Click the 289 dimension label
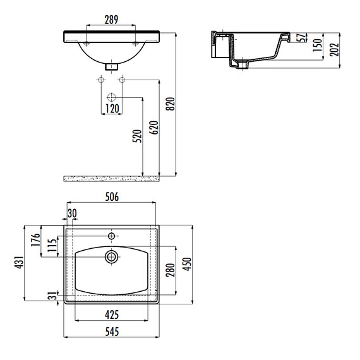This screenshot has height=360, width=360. point(111,20)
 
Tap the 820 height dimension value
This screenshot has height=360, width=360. point(171,104)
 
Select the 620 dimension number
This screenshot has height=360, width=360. point(154,128)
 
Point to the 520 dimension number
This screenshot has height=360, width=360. point(137,136)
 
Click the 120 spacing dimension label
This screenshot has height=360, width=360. point(112,109)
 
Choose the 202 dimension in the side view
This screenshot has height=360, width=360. point(334,50)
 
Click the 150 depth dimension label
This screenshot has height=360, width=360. point(318,45)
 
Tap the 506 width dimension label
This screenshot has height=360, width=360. point(112,197)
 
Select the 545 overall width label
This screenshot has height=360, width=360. point(112,332)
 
